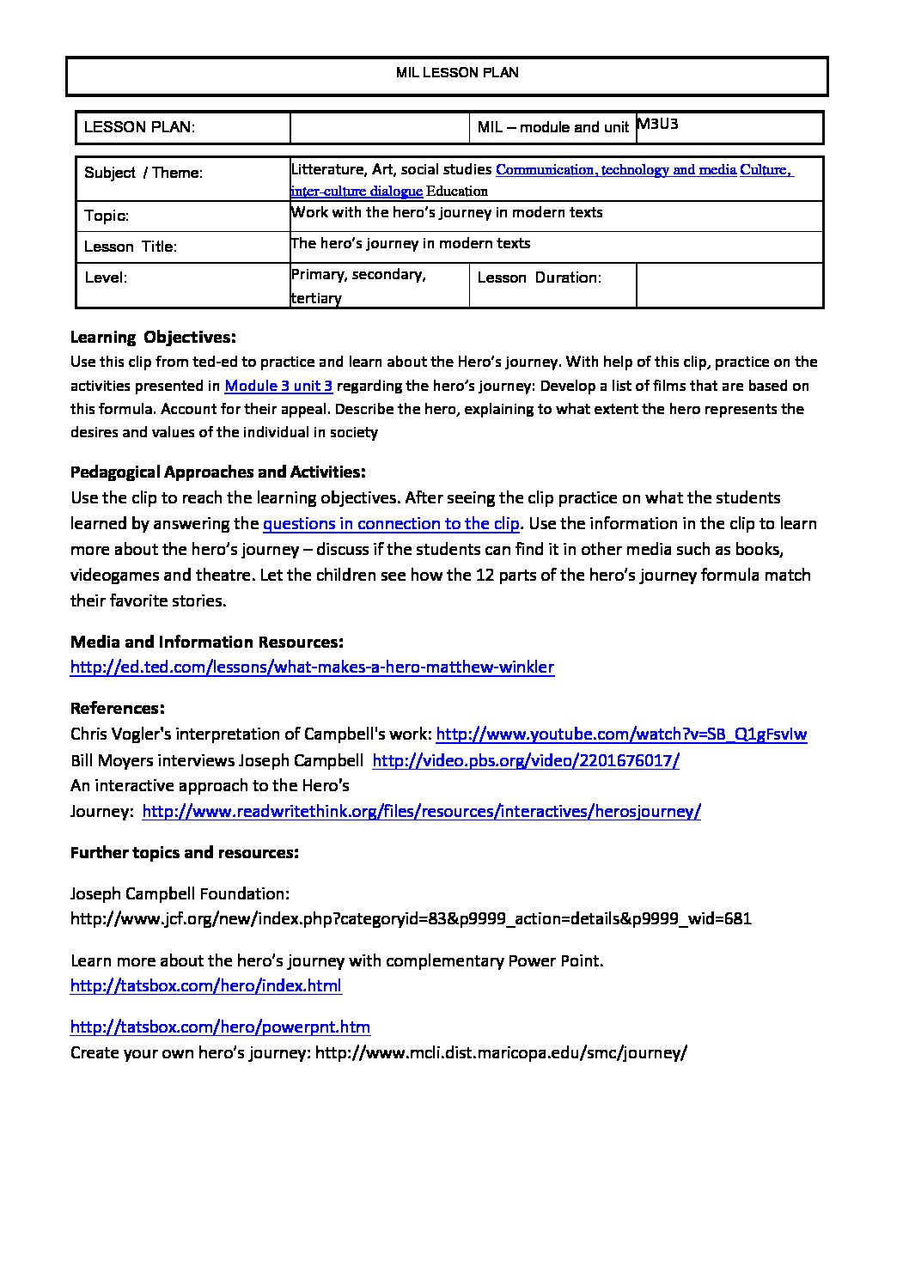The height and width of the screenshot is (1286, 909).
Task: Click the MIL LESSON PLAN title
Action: pos(457,73)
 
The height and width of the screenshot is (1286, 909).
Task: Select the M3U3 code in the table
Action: pos(658,124)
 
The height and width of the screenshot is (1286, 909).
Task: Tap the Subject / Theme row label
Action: pos(143,173)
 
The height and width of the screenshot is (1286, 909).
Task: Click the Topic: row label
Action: pos(107,216)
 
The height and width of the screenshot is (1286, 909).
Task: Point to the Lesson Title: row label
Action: pos(131,247)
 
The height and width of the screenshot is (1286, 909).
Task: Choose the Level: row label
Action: pos(106,277)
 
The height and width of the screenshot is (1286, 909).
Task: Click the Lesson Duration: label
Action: pos(539,277)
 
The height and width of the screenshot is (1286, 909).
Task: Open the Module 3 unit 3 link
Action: pos(278,386)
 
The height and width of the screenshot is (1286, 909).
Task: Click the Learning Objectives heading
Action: pos(153,337)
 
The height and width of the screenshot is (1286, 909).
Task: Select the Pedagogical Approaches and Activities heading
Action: pos(217,472)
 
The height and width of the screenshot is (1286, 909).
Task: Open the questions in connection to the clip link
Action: pos(391,523)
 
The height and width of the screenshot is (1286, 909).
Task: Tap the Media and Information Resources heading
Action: pos(207,642)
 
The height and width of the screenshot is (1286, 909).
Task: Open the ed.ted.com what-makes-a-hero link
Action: pos(312,667)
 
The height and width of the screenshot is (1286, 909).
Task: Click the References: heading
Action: pos(117,708)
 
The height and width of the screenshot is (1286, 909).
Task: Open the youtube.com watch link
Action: pos(621,734)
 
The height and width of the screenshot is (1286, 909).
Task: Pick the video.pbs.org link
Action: pos(526,760)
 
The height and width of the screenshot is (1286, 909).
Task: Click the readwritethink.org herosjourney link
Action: pos(421,811)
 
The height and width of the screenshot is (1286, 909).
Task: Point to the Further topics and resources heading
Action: pos(185,852)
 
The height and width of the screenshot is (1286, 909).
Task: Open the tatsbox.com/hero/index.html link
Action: pos(206,985)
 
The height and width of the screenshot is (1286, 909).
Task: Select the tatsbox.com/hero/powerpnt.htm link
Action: pos(220,1027)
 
